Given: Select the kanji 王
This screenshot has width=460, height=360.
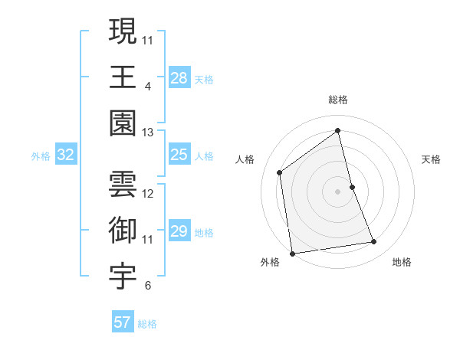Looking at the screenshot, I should click(123, 77).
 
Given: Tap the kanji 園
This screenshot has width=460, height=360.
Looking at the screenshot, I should click(123, 123).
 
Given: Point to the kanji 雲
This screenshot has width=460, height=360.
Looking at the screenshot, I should click(123, 183).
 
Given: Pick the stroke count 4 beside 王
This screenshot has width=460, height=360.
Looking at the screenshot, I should click(147, 86).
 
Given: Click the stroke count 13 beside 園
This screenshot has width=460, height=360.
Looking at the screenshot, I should click(147, 133).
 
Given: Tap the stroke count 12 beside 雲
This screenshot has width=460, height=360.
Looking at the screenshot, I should click(148, 193).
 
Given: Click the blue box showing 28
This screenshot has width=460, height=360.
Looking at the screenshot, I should click(179, 78).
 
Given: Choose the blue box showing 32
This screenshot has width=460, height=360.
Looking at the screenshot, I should click(66, 155).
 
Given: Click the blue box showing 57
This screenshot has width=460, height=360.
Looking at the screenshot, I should click(123, 322).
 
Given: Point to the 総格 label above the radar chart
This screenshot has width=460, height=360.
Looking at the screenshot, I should click(337, 100).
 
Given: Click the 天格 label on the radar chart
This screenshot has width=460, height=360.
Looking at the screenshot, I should click(431, 159).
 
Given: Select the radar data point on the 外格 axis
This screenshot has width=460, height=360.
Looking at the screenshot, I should click(292, 253).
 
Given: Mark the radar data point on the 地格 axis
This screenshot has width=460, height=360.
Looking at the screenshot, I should click(374, 242).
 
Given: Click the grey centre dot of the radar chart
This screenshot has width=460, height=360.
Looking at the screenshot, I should click(337, 191).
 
